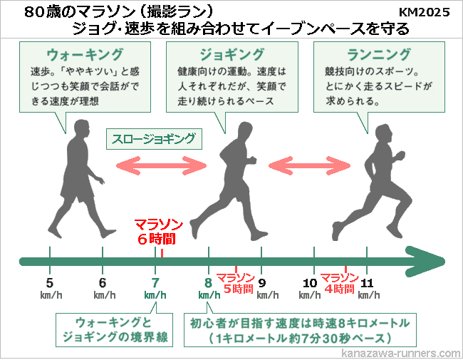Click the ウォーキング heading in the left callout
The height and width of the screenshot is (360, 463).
79,55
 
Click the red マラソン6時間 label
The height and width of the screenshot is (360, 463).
155,232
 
